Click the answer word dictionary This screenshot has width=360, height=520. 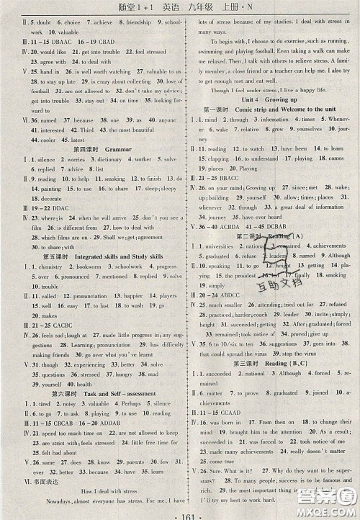(x=108, y=159)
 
